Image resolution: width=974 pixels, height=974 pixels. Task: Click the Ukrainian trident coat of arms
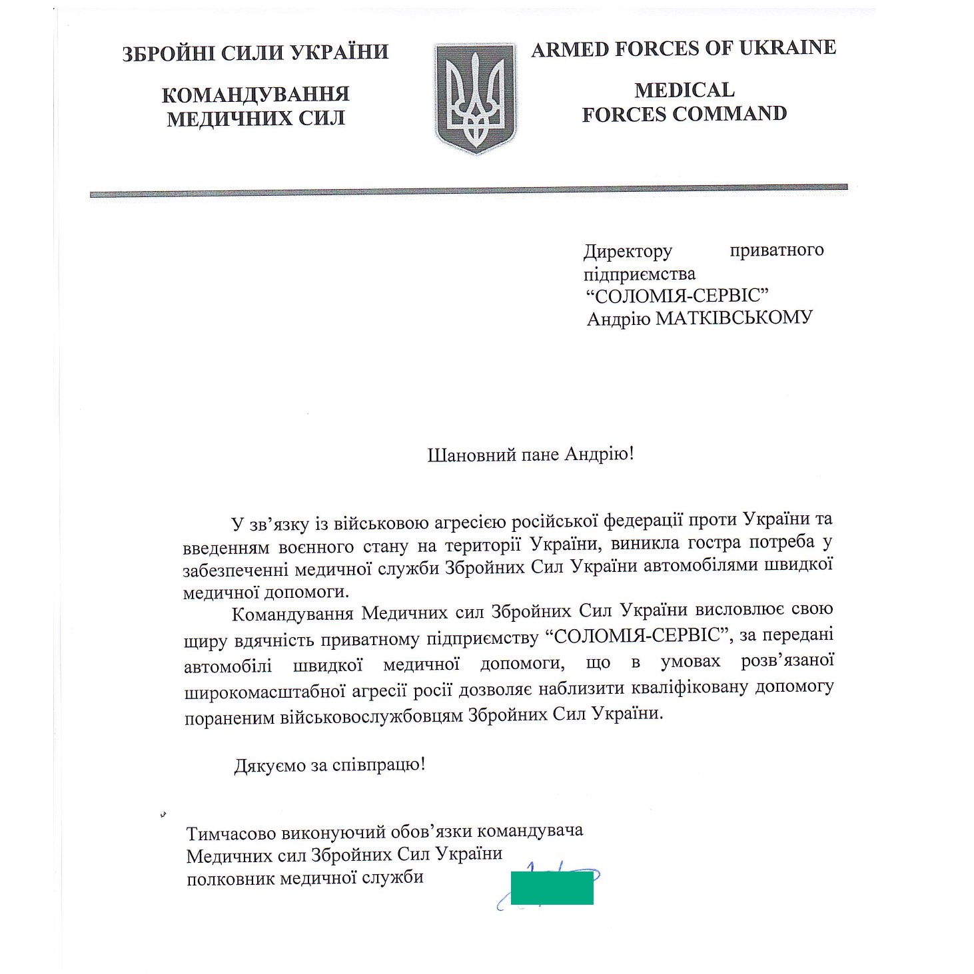tap(476, 98)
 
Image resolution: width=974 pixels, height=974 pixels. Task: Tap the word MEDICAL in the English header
tap(684, 90)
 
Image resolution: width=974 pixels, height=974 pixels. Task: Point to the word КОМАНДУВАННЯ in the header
tap(255, 95)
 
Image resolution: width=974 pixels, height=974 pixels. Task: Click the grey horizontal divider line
tap(468, 192)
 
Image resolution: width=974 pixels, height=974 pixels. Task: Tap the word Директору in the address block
tap(628, 252)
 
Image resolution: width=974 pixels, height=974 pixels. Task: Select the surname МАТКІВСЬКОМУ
tap(733, 318)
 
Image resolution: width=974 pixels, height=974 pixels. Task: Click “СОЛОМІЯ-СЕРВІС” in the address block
tap(677, 296)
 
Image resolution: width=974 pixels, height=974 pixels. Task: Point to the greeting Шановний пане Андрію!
tap(530, 455)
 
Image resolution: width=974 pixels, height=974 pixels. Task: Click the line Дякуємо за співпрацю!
tap(329, 766)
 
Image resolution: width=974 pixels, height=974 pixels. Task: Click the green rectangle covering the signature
tap(552, 889)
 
